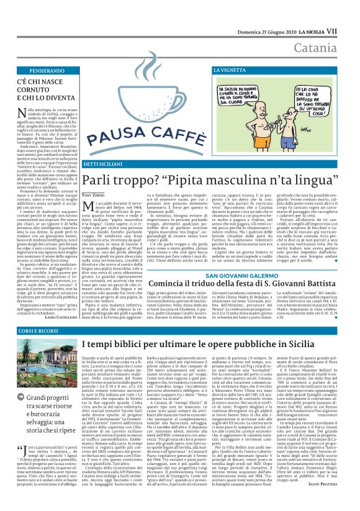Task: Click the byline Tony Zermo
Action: [95, 196]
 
